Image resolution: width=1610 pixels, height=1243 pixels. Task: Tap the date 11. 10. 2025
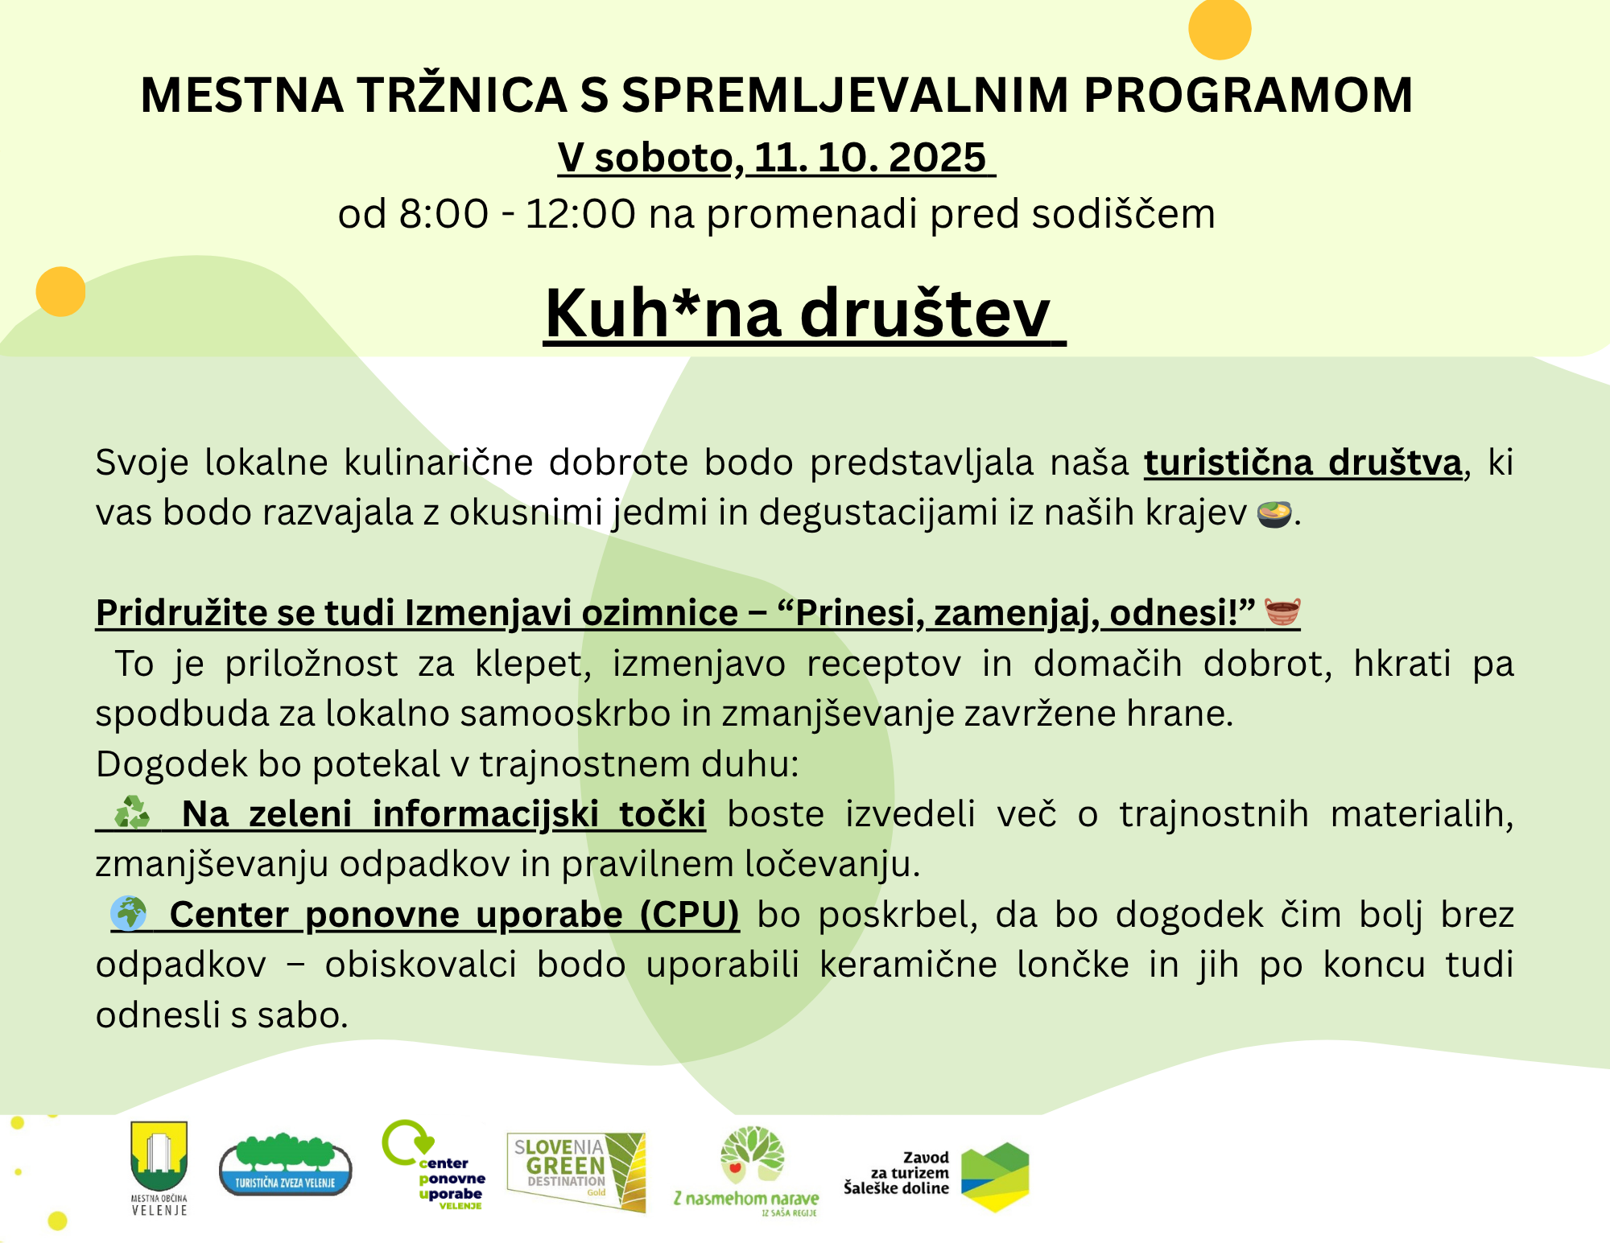(x=870, y=157)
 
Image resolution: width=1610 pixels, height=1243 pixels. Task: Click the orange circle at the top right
(x=1220, y=28)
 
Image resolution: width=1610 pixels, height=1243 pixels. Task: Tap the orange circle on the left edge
(x=60, y=291)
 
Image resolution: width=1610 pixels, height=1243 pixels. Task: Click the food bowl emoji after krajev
(x=1274, y=513)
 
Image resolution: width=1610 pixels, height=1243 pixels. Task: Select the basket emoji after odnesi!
(x=1282, y=611)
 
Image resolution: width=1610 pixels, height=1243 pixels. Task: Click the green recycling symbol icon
(x=132, y=813)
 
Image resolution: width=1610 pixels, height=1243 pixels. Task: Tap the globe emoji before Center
(x=128, y=914)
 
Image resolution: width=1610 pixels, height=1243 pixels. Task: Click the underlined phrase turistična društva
(x=1302, y=463)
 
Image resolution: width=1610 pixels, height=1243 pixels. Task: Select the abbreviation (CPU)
(x=689, y=915)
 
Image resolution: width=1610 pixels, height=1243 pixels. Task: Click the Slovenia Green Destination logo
(x=576, y=1171)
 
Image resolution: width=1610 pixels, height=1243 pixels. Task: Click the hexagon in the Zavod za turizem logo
(x=996, y=1176)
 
